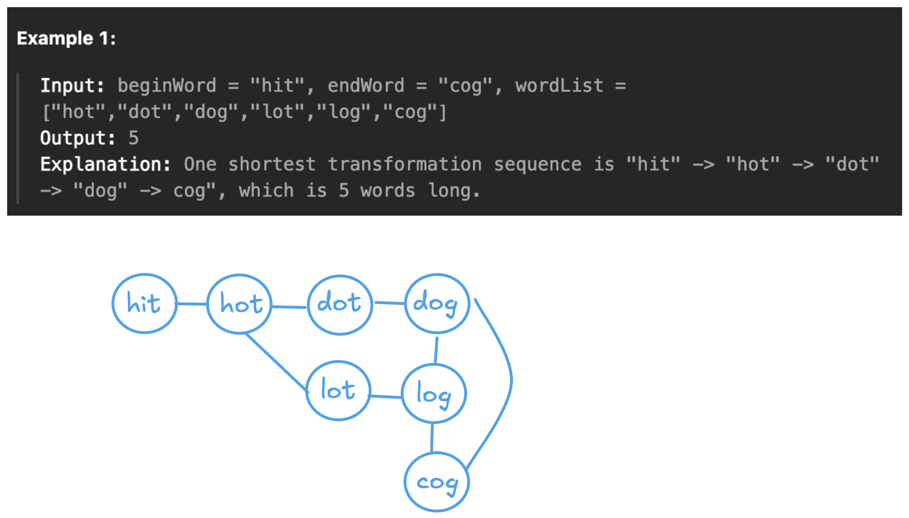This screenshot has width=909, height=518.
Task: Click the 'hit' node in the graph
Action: click(144, 303)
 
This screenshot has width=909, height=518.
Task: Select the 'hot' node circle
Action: click(239, 304)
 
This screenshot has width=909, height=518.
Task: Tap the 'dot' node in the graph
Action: click(339, 304)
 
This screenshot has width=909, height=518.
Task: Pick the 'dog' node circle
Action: click(437, 303)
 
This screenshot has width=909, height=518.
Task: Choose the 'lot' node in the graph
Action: click(338, 390)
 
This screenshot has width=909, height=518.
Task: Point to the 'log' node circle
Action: click(434, 394)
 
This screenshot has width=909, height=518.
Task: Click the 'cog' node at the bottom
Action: click(437, 482)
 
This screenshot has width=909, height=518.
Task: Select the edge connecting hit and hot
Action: click(192, 304)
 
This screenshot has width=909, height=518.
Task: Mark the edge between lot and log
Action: click(386, 397)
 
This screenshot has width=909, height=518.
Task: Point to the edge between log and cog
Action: click(432, 438)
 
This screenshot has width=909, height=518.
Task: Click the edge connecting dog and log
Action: click(436, 350)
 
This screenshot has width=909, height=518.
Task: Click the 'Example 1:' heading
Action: click(66, 38)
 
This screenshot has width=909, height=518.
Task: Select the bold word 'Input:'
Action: click(72, 86)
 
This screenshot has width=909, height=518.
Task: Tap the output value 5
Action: click(134, 138)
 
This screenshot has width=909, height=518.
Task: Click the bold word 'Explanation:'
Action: click(105, 164)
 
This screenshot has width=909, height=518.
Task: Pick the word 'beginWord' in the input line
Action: click(167, 86)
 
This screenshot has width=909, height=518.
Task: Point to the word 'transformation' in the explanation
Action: click(405, 164)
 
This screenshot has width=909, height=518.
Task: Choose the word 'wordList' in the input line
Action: click(559, 86)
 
